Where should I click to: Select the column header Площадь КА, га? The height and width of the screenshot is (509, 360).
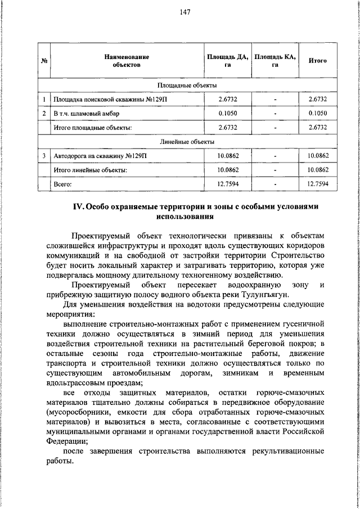[274, 61]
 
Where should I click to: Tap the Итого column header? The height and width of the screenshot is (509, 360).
[318, 61]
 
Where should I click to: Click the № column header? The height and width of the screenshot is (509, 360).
[44, 61]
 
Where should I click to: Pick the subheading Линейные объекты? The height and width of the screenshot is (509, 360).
[187, 141]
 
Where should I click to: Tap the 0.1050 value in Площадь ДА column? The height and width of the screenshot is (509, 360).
[227, 114]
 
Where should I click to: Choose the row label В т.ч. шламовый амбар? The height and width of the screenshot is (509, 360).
[86, 114]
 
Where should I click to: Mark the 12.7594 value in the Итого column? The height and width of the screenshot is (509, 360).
[318, 183]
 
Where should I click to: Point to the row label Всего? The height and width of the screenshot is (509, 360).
[63, 183]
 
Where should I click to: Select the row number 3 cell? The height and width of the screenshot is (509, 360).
[44, 155]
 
